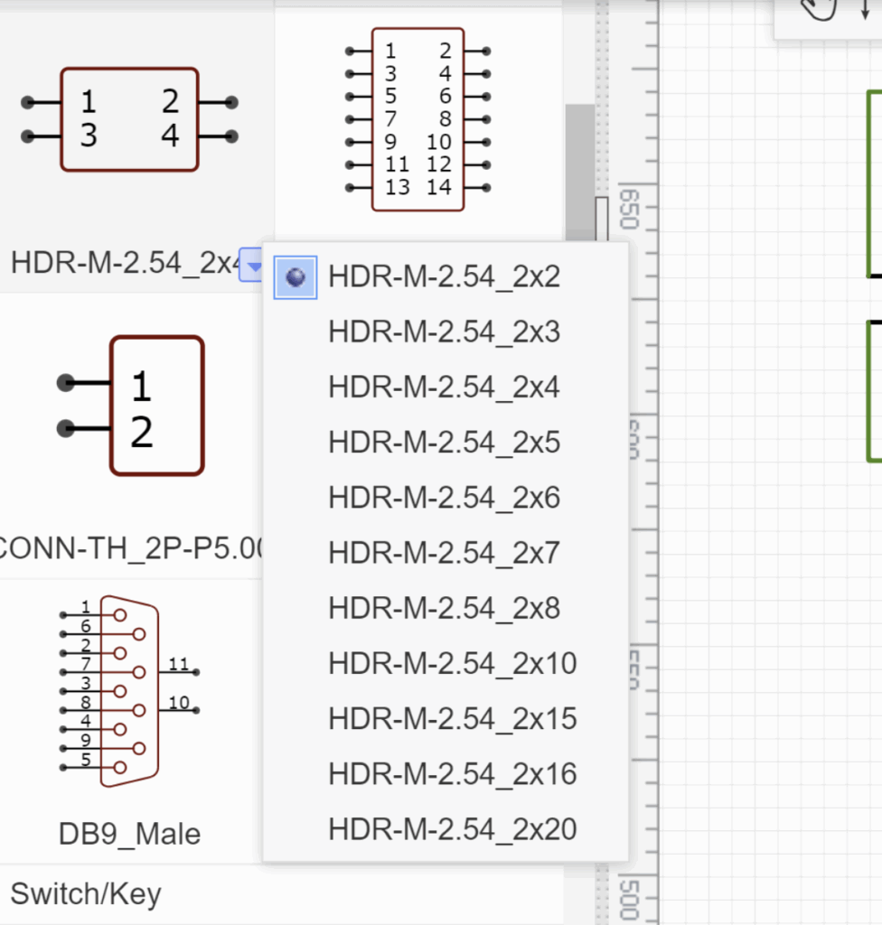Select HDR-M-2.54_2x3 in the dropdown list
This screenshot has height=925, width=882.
coord(444,332)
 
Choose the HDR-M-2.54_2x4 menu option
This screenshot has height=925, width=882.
coord(444,388)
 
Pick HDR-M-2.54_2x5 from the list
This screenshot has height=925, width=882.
coord(444,443)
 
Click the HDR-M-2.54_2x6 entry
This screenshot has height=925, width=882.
coord(444,498)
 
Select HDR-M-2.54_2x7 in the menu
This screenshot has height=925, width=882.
coord(444,553)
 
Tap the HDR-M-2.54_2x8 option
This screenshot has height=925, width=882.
coord(444,608)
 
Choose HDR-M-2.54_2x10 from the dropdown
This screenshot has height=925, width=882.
coord(452,664)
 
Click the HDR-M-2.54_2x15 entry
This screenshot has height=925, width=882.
coord(452,719)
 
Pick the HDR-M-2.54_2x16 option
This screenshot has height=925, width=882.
coord(452,774)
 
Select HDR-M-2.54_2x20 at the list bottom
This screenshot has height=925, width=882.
coord(452,829)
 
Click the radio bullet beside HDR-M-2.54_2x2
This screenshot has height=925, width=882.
coord(296,276)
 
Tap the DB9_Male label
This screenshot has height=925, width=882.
coord(129,834)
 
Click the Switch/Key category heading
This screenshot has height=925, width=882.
coord(86,894)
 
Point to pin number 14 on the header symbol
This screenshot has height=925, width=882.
coord(438,188)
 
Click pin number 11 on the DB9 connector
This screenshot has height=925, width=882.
coord(178,665)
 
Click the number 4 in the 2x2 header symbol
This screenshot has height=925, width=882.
coord(170,135)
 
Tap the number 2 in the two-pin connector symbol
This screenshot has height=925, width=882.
coord(141,433)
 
